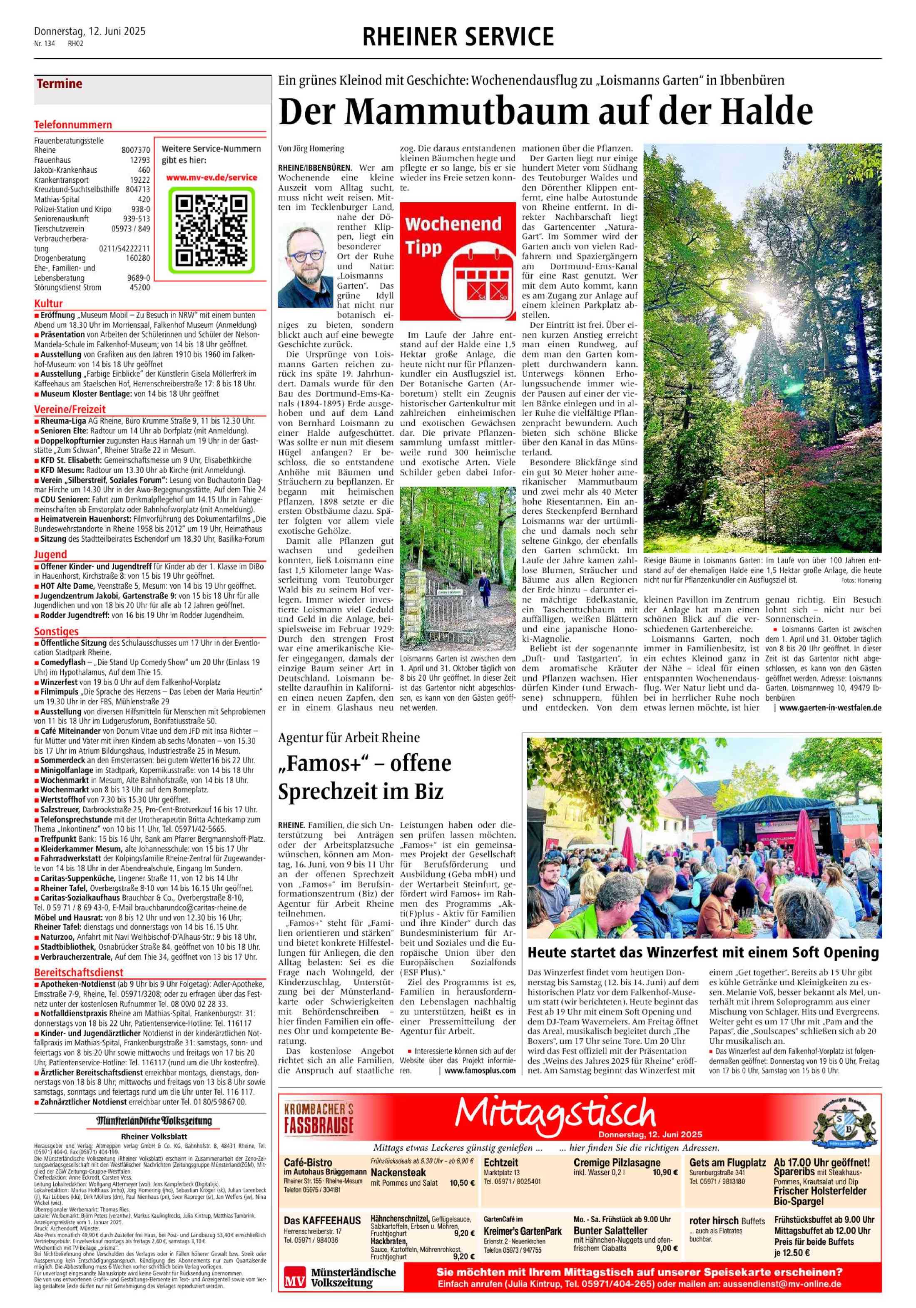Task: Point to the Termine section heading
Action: pos(59,84)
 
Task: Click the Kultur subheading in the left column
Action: pos(48,303)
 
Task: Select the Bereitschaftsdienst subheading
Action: pos(79,972)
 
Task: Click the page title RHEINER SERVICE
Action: pos(458,37)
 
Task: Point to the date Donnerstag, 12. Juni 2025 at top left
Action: pos(90,31)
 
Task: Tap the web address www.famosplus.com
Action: pos(480,1070)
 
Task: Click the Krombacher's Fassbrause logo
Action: pos(319,1117)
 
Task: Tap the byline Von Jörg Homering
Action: pos(311,149)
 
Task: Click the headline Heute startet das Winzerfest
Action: pos(703,952)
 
